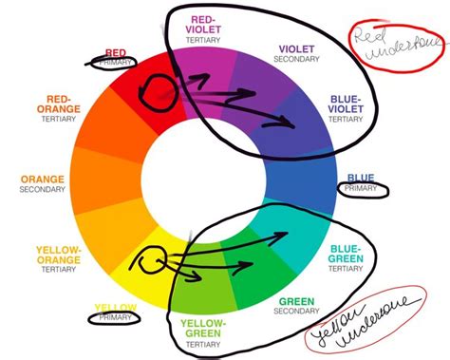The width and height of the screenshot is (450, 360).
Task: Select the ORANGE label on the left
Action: click(41, 177)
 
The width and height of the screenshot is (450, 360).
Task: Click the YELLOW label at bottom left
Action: click(117, 307)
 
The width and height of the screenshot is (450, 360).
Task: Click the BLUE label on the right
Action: click(361, 177)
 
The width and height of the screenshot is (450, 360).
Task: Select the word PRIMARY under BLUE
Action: click(361, 189)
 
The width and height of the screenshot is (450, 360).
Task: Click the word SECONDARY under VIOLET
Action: click(297, 59)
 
